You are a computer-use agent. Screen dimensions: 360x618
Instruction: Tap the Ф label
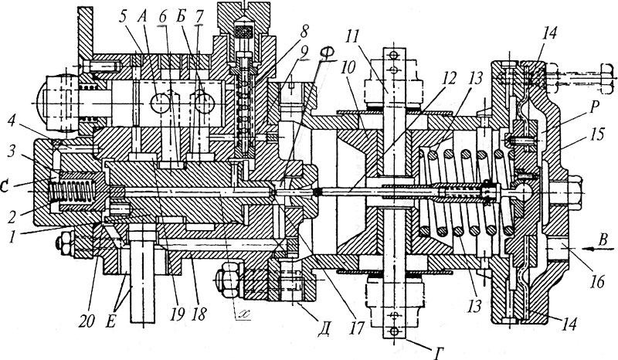[325, 53]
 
